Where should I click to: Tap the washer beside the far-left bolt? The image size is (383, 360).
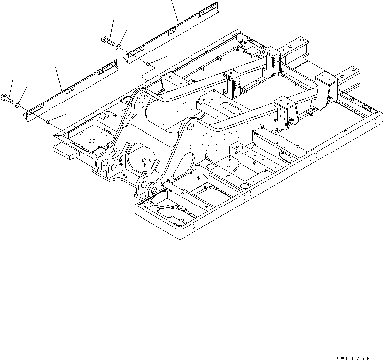coord(18,104)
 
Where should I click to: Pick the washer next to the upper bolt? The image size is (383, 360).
coord(119,47)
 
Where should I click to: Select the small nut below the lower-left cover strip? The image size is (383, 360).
coord(48,122)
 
